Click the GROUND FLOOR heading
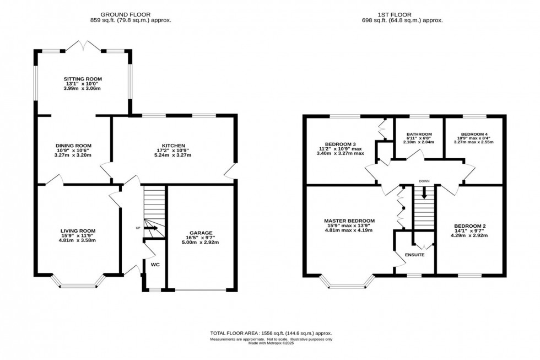click(x=131, y=14)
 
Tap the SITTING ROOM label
click(x=82, y=79)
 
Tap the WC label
click(x=155, y=265)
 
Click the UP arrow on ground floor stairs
click(x=152, y=228)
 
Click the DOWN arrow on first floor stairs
click(x=424, y=193)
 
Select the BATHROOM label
click(x=419, y=134)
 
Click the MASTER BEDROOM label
click(x=349, y=221)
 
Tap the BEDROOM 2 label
click(x=470, y=226)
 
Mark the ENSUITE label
click(x=414, y=255)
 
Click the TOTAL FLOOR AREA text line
click(x=271, y=334)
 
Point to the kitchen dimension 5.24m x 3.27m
click(x=172, y=155)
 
